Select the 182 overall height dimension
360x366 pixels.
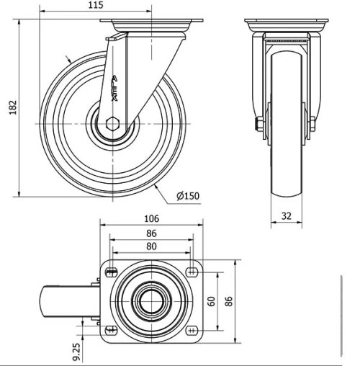click(9, 106)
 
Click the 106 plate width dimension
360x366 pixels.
click(151, 218)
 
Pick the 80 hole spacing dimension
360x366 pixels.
click(151, 247)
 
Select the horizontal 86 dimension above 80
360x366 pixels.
click(151, 233)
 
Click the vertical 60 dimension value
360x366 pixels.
click(212, 300)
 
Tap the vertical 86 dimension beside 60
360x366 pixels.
click(230, 300)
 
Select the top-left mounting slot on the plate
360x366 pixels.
click(111, 272)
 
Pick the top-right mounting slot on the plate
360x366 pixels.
click(192, 272)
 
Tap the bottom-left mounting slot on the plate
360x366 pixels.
click(111, 330)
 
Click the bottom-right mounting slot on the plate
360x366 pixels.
click(192, 330)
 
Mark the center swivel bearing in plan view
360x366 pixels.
click(151, 300)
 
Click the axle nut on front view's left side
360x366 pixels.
click(258, 124)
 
